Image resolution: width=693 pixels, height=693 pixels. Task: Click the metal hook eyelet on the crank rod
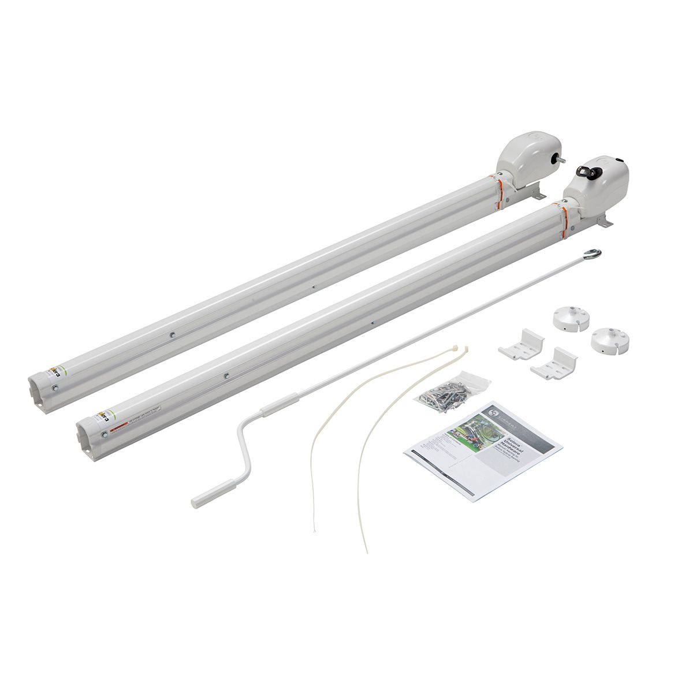[x=593, y=254]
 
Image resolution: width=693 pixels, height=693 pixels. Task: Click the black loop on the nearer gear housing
[x=583, y=171]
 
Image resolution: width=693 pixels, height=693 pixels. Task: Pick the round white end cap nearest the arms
[x=570, y=318]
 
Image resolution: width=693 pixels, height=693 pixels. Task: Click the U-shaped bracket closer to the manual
[x=553, y=363]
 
